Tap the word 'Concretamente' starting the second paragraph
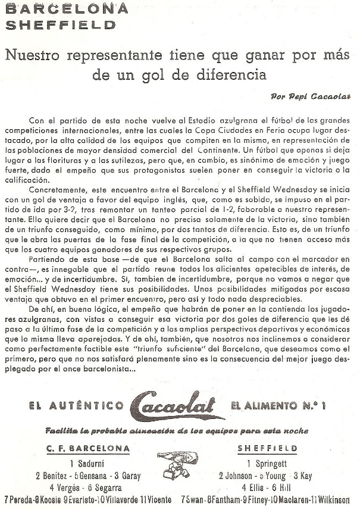click(x=57, y=204)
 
